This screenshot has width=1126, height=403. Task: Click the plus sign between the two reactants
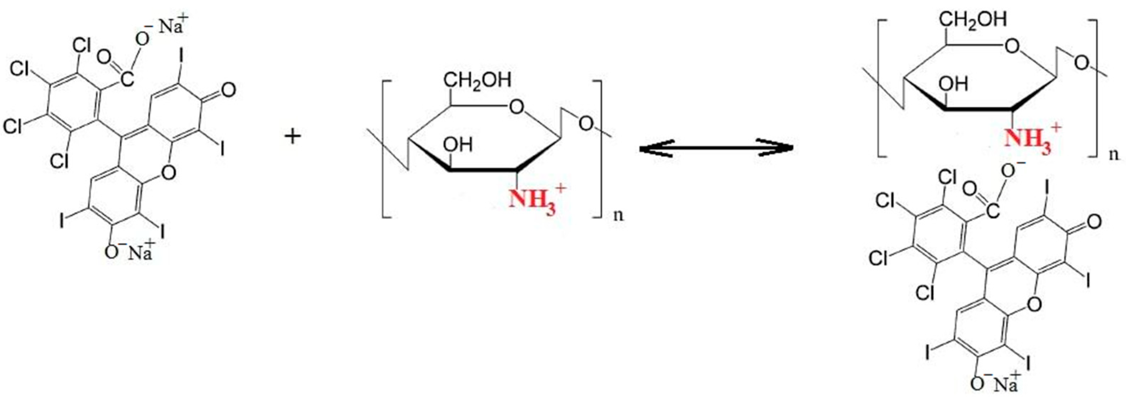pos(293,137)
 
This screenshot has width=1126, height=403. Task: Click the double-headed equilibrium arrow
pos(716,149)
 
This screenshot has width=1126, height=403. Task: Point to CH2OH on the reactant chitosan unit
pos(477,81)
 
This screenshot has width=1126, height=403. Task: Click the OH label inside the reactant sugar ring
pos(458,144)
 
